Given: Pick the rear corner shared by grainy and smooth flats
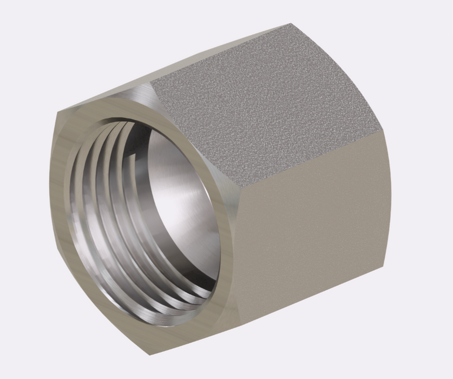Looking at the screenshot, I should pyautogui.click(x=385, y=130).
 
